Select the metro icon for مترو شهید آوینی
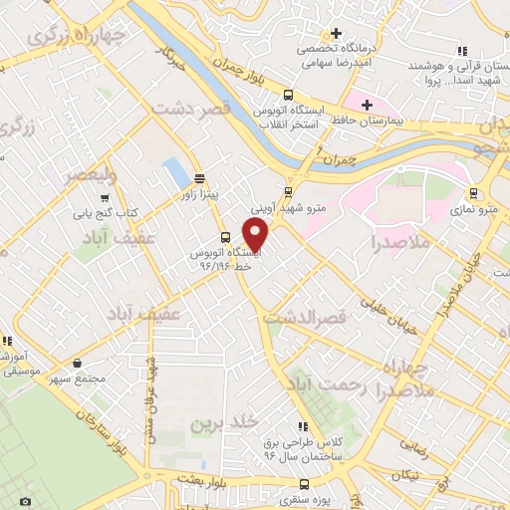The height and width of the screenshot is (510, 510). point(288,191)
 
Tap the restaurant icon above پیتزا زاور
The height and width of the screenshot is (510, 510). point(201,179)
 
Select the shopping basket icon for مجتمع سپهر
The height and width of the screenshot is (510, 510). point(77,365)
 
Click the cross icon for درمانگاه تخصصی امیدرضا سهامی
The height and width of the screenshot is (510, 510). point(337,34)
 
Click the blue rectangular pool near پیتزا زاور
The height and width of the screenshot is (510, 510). point(177,171)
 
